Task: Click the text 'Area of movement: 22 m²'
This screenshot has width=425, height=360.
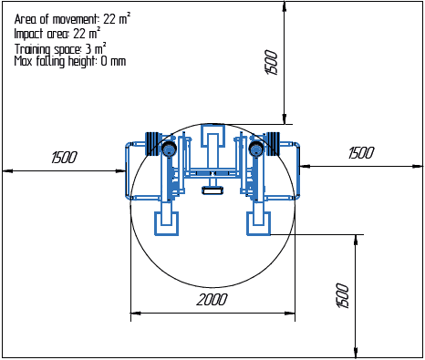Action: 72,18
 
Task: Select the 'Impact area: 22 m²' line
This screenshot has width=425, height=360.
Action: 57,33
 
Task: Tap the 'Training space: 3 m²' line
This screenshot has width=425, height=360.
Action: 60,47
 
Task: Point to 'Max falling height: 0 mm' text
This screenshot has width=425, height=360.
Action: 70,61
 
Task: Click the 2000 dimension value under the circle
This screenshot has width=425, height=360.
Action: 212,300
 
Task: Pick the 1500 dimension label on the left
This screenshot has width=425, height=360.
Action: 64,158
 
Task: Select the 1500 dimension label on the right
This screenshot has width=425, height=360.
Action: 361,153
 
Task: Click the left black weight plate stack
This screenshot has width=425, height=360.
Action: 152,145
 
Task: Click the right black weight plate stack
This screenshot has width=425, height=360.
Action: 273,145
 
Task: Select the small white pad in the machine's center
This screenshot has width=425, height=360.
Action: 212,190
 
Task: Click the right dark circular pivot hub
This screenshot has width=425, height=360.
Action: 257,148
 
